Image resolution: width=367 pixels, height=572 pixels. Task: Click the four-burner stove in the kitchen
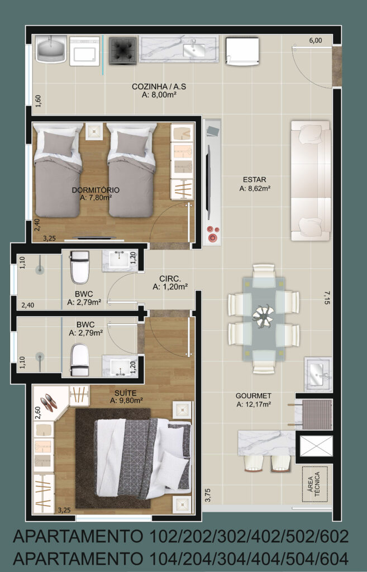(x=123, y=51)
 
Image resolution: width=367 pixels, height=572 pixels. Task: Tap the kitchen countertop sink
(x=194, y=50)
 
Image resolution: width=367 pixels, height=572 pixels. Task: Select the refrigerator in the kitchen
(x=242, y=51)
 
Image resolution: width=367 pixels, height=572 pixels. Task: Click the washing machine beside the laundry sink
(x=84, y=51)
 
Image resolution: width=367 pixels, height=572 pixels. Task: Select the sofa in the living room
(x=311, y=180)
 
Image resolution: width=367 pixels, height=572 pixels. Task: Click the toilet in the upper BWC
(x=80, y=267)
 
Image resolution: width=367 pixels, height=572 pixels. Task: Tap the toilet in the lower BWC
(x=80, y=360)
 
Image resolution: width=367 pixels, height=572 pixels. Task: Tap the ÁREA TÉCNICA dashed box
(x=315, y=484)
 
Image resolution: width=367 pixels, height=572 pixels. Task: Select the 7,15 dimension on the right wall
(x=327, y=297)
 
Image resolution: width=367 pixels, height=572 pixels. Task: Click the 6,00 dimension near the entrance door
(x=316, y=40)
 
